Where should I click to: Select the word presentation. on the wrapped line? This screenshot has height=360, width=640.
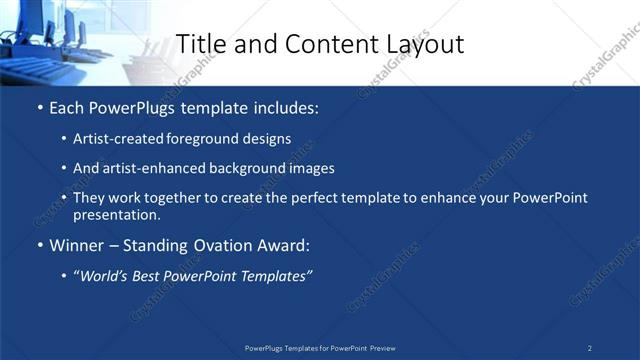click(x=116, y=214)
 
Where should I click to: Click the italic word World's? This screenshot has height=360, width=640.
click(x=104, y=276)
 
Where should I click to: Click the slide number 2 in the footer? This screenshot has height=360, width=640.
click(x=590, y=348)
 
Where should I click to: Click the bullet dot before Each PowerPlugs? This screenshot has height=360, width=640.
click(x=39, y=106)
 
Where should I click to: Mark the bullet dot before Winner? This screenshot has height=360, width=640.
click(x=39, y=245)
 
